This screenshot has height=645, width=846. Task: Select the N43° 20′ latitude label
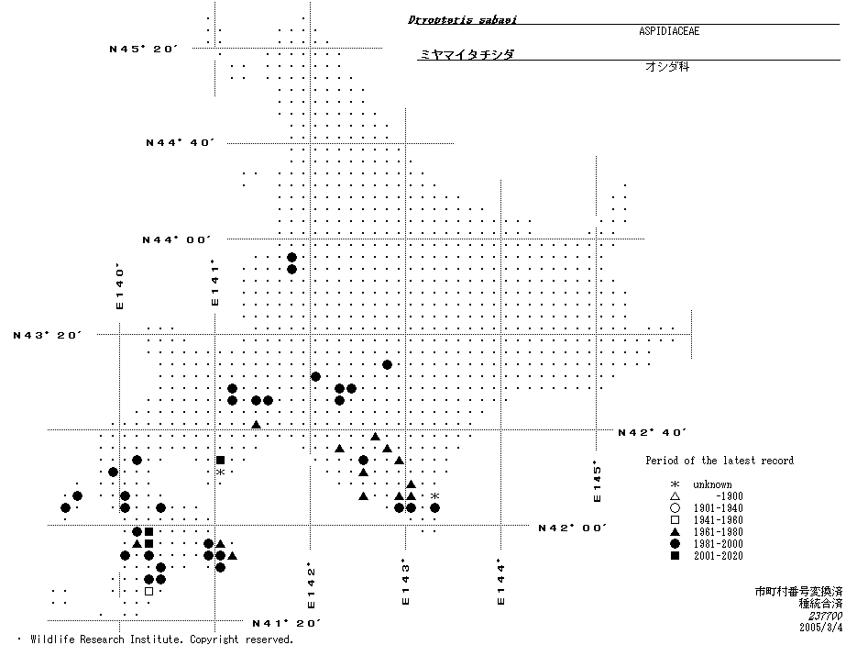click(48, 335)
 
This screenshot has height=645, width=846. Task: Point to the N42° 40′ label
click(653, 431)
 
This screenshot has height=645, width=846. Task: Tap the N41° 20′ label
click(286, 623)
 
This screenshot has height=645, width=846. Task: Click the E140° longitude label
click(119, 287)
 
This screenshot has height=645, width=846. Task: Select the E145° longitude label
click(597, 481)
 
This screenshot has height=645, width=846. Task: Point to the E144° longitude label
click(500, 582)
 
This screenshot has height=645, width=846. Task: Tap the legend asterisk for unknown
click(675, 484)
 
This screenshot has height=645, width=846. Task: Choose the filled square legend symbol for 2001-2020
click(675, 556)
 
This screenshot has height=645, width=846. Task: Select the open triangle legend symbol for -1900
click(675, 496)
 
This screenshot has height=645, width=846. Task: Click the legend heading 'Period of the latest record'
click(720, 461)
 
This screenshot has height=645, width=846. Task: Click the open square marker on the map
click(148, 591)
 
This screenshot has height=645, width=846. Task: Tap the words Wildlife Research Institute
click(100, 639)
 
